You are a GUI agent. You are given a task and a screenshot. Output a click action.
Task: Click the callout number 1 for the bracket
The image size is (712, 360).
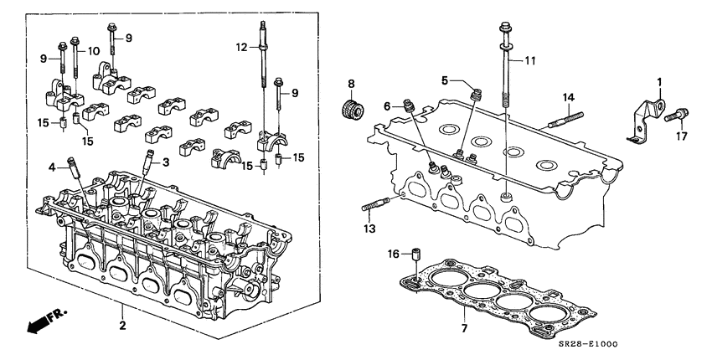point(658,81)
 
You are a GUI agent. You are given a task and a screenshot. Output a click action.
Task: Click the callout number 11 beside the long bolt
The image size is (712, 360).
point(529,60)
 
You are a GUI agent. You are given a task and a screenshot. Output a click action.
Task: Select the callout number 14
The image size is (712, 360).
point(570,98)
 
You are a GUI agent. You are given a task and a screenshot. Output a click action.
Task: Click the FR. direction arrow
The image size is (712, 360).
point(37,321)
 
